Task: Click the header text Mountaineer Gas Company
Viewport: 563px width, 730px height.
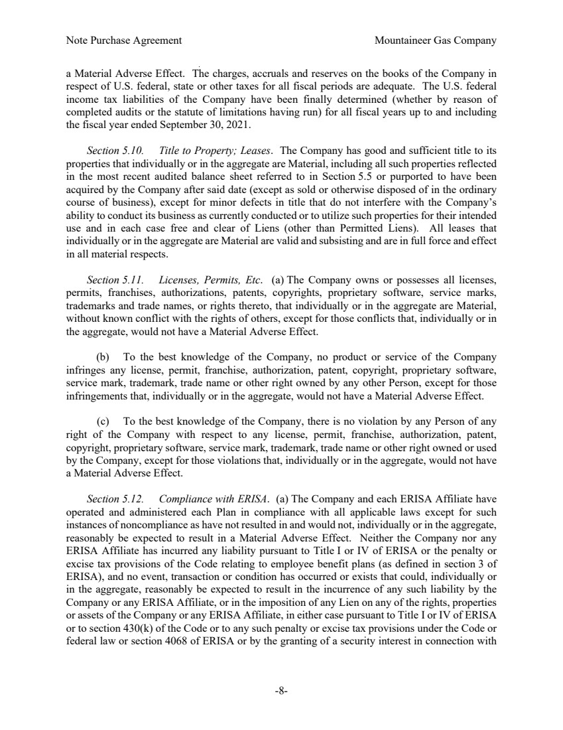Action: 435,40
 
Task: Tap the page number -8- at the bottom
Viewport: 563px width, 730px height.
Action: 281,691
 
